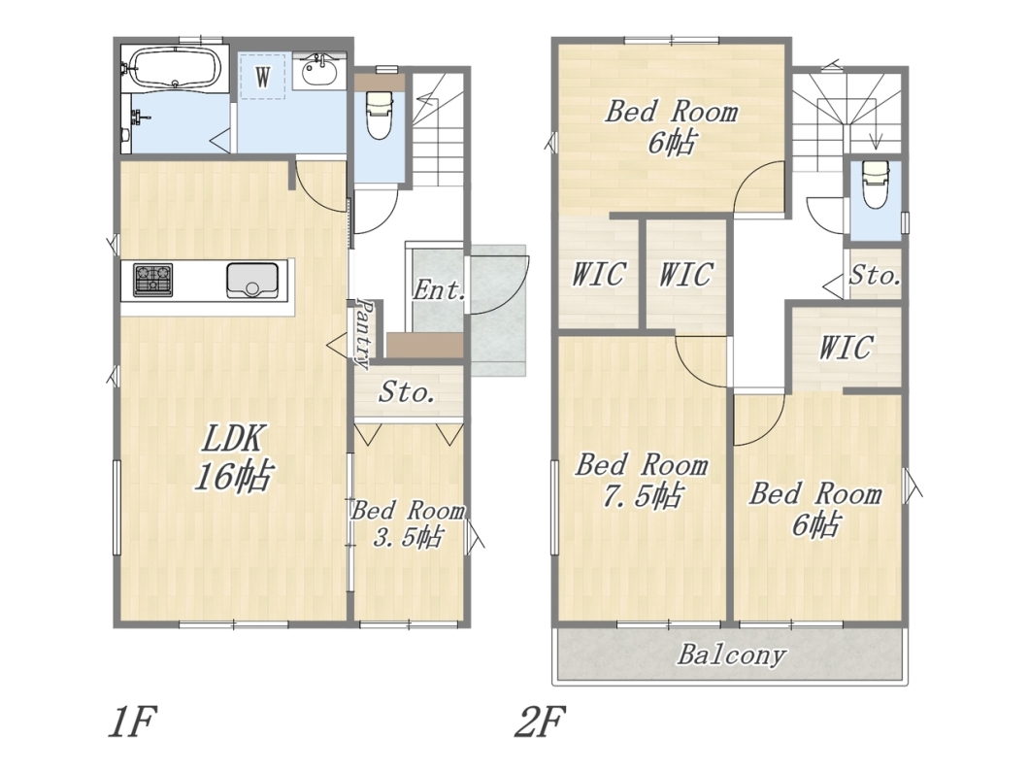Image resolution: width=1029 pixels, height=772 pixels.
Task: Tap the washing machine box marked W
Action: tap(262, 77)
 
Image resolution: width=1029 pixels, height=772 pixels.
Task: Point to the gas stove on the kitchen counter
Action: tap(153, 280)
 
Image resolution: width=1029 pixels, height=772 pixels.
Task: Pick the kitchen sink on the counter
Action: tap(252, 281)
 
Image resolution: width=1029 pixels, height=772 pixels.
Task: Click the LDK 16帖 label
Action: tap(232, 457)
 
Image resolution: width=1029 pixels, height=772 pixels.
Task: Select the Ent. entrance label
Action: tap(439, 289)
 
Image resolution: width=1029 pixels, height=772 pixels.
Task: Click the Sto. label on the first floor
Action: tap(407, 392)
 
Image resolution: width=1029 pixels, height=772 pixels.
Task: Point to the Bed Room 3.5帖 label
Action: tap(408, 523)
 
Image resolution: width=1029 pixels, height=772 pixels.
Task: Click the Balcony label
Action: tap(732, 655)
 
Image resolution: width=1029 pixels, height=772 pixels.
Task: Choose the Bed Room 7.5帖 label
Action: tap(642, 480)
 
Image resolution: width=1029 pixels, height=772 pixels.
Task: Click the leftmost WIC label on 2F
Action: tap(598, 274)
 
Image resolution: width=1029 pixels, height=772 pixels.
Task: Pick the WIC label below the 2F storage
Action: tap(846, 347)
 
